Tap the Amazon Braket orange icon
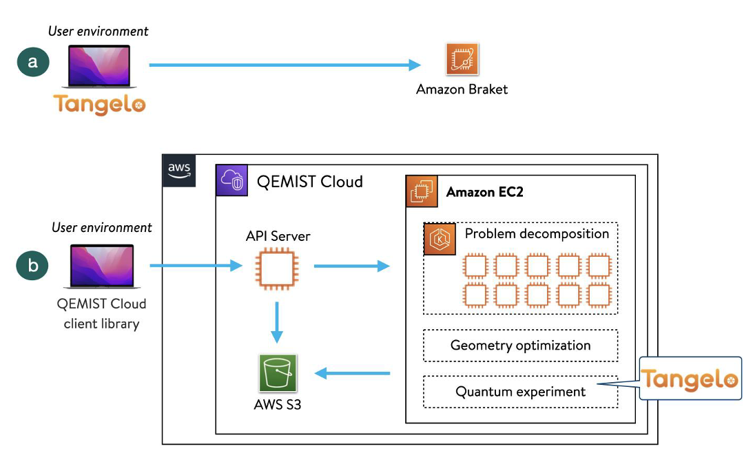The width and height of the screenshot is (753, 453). (x=462, y=60)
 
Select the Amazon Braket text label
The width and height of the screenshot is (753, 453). (x=462, y=89)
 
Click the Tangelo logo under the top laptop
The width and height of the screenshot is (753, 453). (x=100, y=104)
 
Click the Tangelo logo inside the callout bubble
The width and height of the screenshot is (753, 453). (x=690, y=379)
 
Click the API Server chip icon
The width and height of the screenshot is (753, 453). (x=276, y=266)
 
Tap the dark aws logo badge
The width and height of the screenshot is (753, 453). (x=179, y=169)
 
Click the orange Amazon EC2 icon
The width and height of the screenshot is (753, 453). (x=421, y=192)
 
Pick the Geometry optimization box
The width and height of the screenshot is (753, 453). (x=520, y=346)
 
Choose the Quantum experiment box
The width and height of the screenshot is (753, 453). (x=520, y=392)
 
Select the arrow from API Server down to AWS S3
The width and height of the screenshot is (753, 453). (x=276, y=320)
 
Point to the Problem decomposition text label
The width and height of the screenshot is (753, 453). (x=537, y=233)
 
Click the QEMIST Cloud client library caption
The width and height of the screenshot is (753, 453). (x=101, y=313)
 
